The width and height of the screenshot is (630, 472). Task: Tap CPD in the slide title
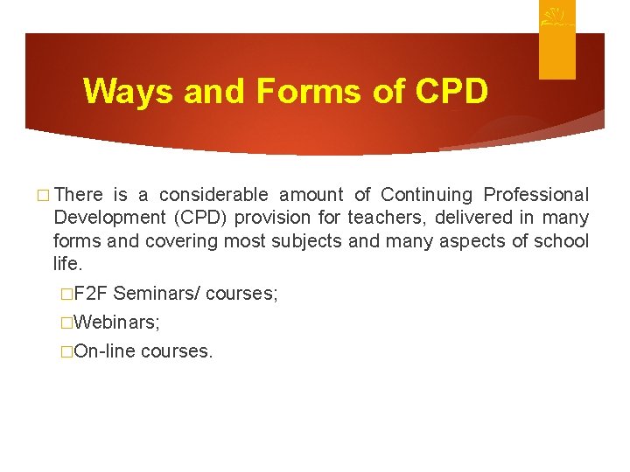tap(451, 91)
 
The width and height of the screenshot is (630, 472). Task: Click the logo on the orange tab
tap(556, 18)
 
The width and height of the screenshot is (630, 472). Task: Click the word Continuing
tap(427, 195)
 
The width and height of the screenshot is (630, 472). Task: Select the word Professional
tap(536, 195)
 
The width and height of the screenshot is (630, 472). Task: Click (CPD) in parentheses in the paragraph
tap(209, 218)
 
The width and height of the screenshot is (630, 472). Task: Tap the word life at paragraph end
tap(66, 263)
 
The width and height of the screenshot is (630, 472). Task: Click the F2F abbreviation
tap(91, 294)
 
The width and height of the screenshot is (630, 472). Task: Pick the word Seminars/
tap(158, 294)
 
